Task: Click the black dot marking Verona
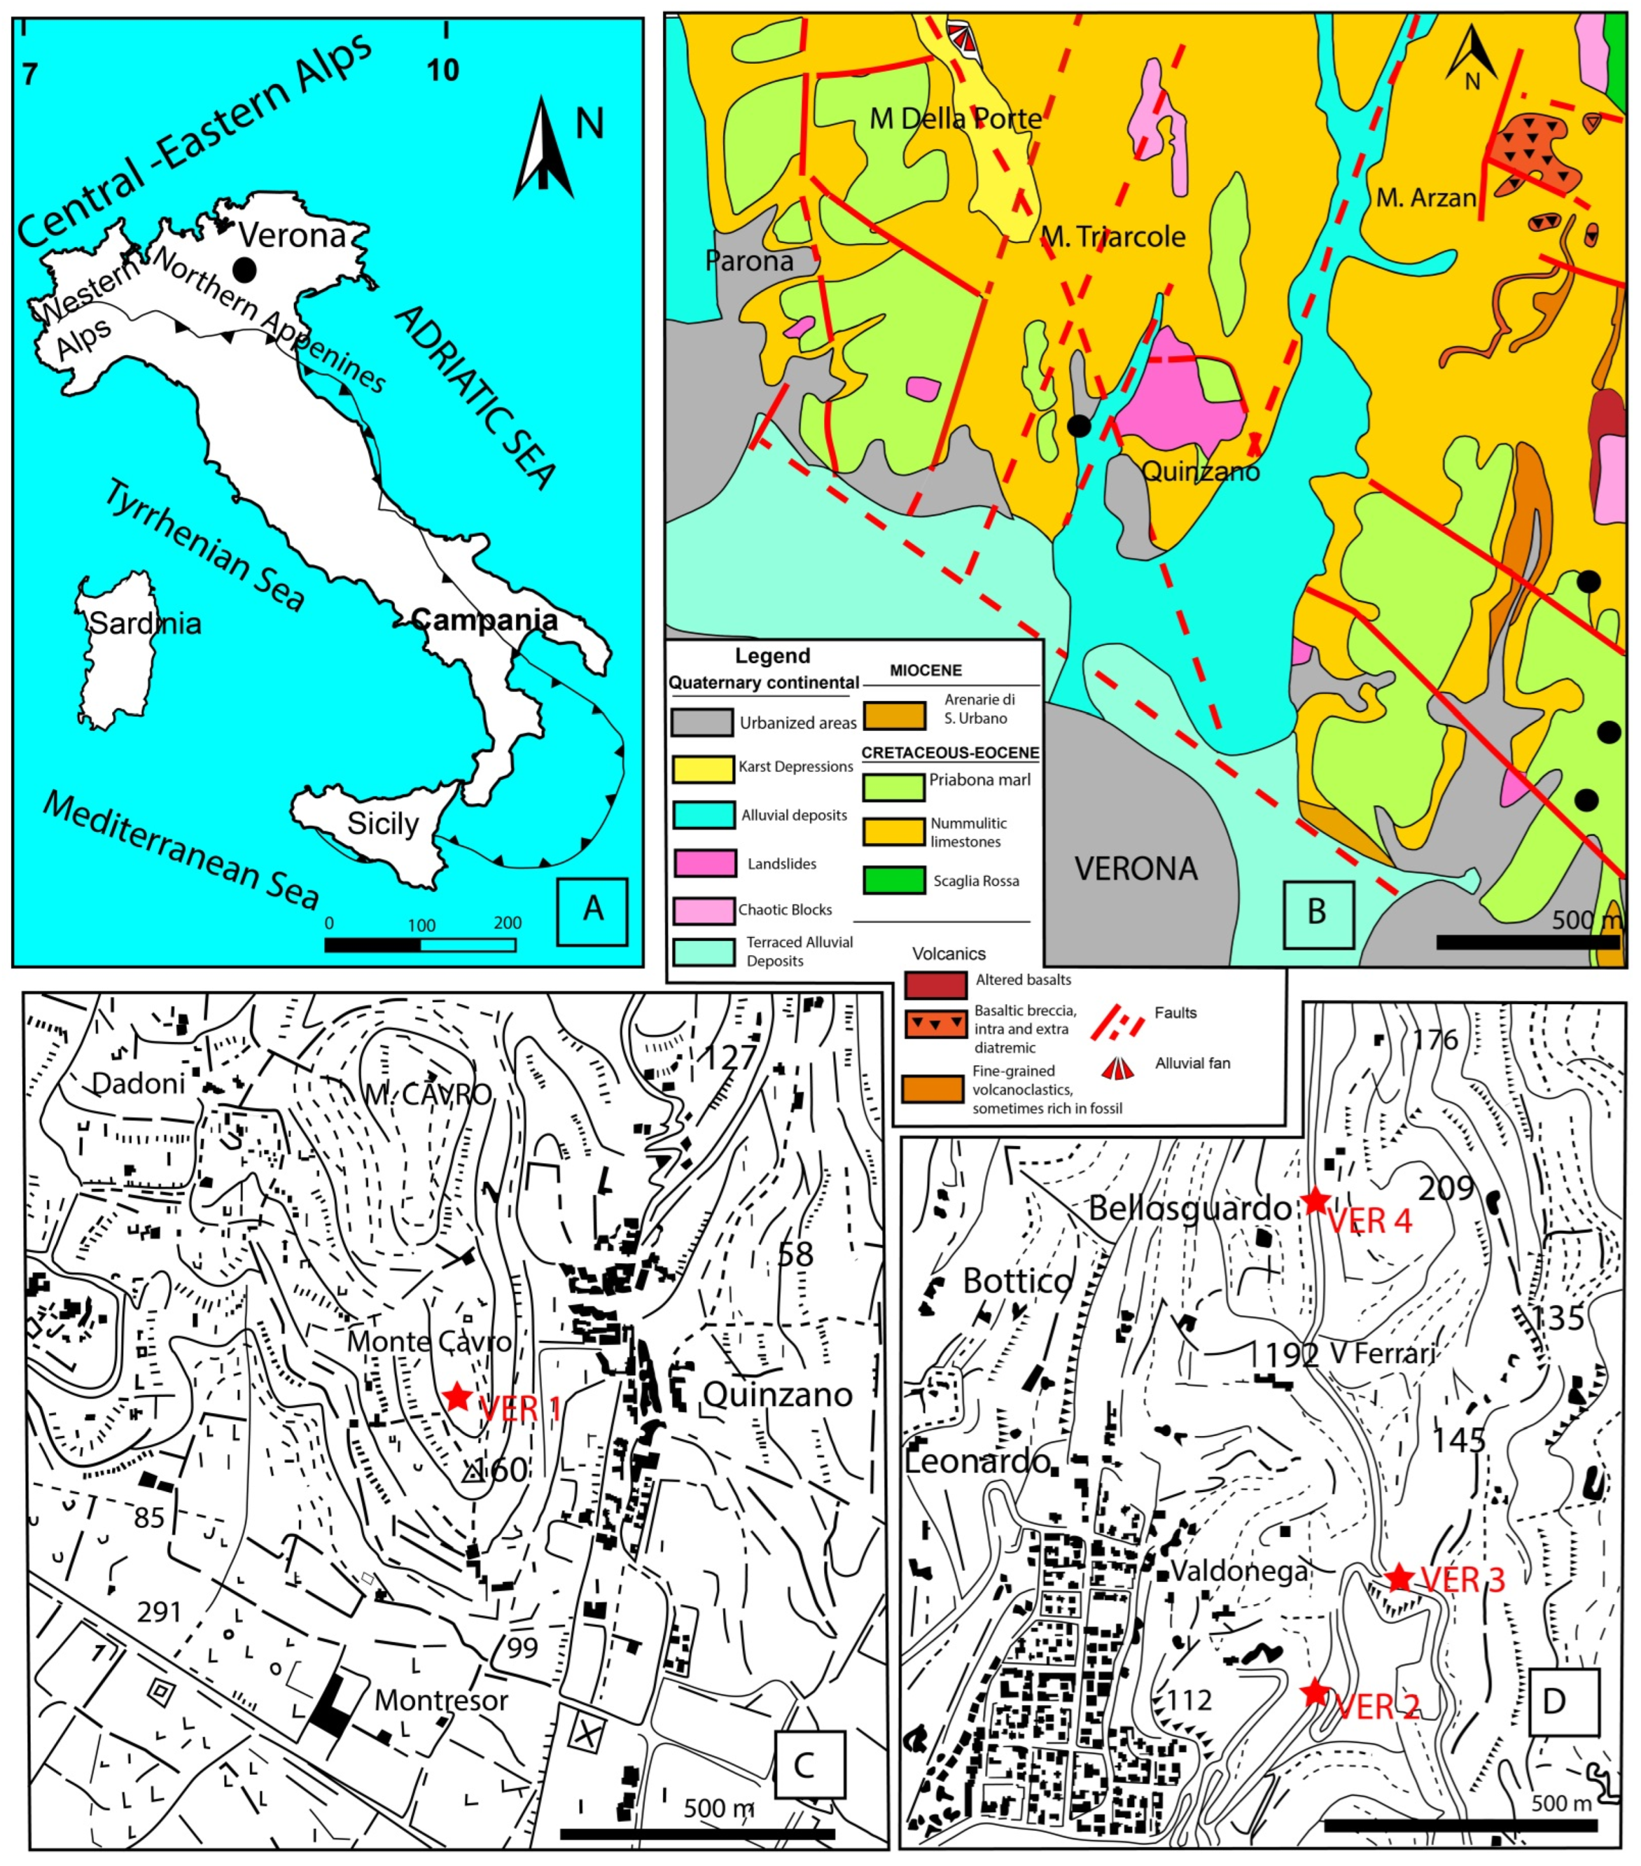point(244,269)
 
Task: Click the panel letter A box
point(592,910)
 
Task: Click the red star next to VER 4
point(1315,1201)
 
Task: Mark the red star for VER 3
point(1400,1577)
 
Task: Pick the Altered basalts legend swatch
point(936,985)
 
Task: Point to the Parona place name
point(749,262)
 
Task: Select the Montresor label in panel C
point(441,1700)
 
